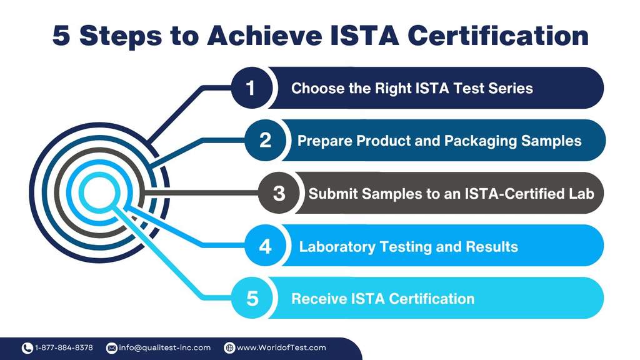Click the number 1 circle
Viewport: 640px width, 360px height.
click(x=251, y=88)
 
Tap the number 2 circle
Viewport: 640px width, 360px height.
click(x=265, y=141)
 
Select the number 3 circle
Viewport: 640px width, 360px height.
click(x=279, y=193)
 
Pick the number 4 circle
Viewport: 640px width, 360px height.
click(x=265, y=246)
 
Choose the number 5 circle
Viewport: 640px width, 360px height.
click(x=252, y=298)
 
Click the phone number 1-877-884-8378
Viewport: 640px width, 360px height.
click(x=64, y=347)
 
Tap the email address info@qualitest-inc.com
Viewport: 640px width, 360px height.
click(x=164, y=347)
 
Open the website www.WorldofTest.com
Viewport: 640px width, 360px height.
click(x=281, y=347)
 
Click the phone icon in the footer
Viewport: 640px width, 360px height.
click(x=27, y=348)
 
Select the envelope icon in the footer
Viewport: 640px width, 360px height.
click(x=112, y=348)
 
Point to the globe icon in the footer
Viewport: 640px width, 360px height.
click(x=229, y=348)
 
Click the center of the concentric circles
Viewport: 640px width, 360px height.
click(x=98, y=192)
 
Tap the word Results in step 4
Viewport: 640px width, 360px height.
click(x=491, y=246)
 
